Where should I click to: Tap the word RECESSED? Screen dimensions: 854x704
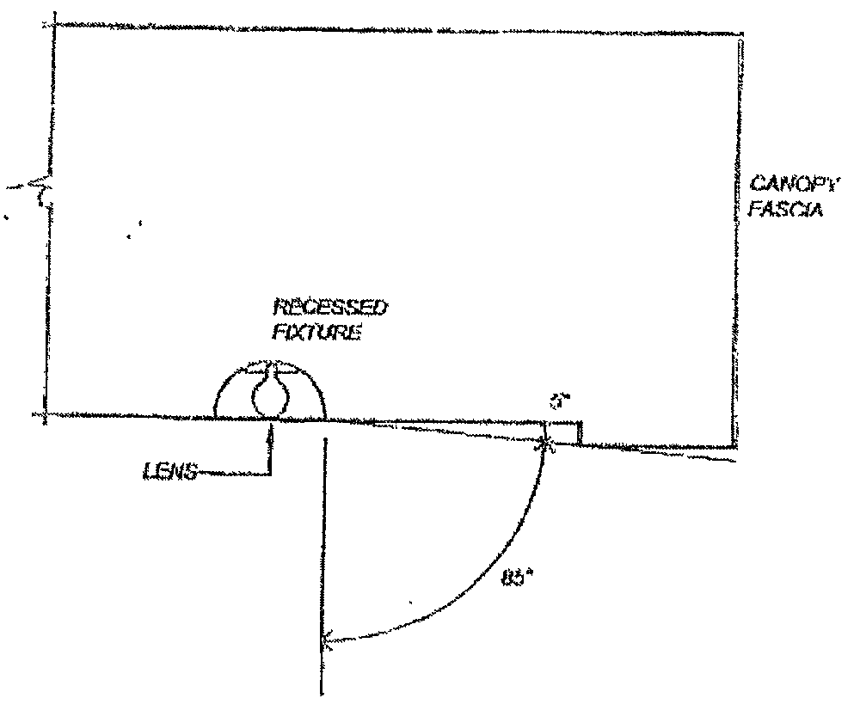pyautogui.click(x=329, y=307)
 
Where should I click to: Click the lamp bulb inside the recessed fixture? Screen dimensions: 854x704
pyautogui.click(x=271, y=395)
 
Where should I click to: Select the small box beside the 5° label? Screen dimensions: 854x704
pyautogui.click(x=564, y=433)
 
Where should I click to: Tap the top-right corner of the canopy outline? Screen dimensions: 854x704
pyautogui.click(x=740, y=34)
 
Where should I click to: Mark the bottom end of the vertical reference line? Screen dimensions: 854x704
pyautogui.click(x=323, y=693)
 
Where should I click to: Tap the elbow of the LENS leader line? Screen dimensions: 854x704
pyautogui.click(x=271, y=472)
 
